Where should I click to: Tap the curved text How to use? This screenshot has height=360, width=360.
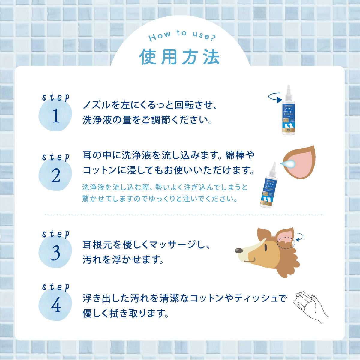(x=182, y=36)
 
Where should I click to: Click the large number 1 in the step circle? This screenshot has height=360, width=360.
(x=56, y=117)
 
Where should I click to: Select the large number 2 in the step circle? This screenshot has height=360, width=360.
(x=56, y=176)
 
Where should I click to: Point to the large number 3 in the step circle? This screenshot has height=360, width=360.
(x=56, y=253)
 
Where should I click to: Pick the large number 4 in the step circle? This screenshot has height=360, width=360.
(x=56, y=306)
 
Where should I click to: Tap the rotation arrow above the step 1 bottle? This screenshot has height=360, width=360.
(x=276, y=97)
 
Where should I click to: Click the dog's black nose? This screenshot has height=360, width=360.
(x=239, y=250)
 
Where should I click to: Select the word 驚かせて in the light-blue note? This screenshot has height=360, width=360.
(x=96, y=199)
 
